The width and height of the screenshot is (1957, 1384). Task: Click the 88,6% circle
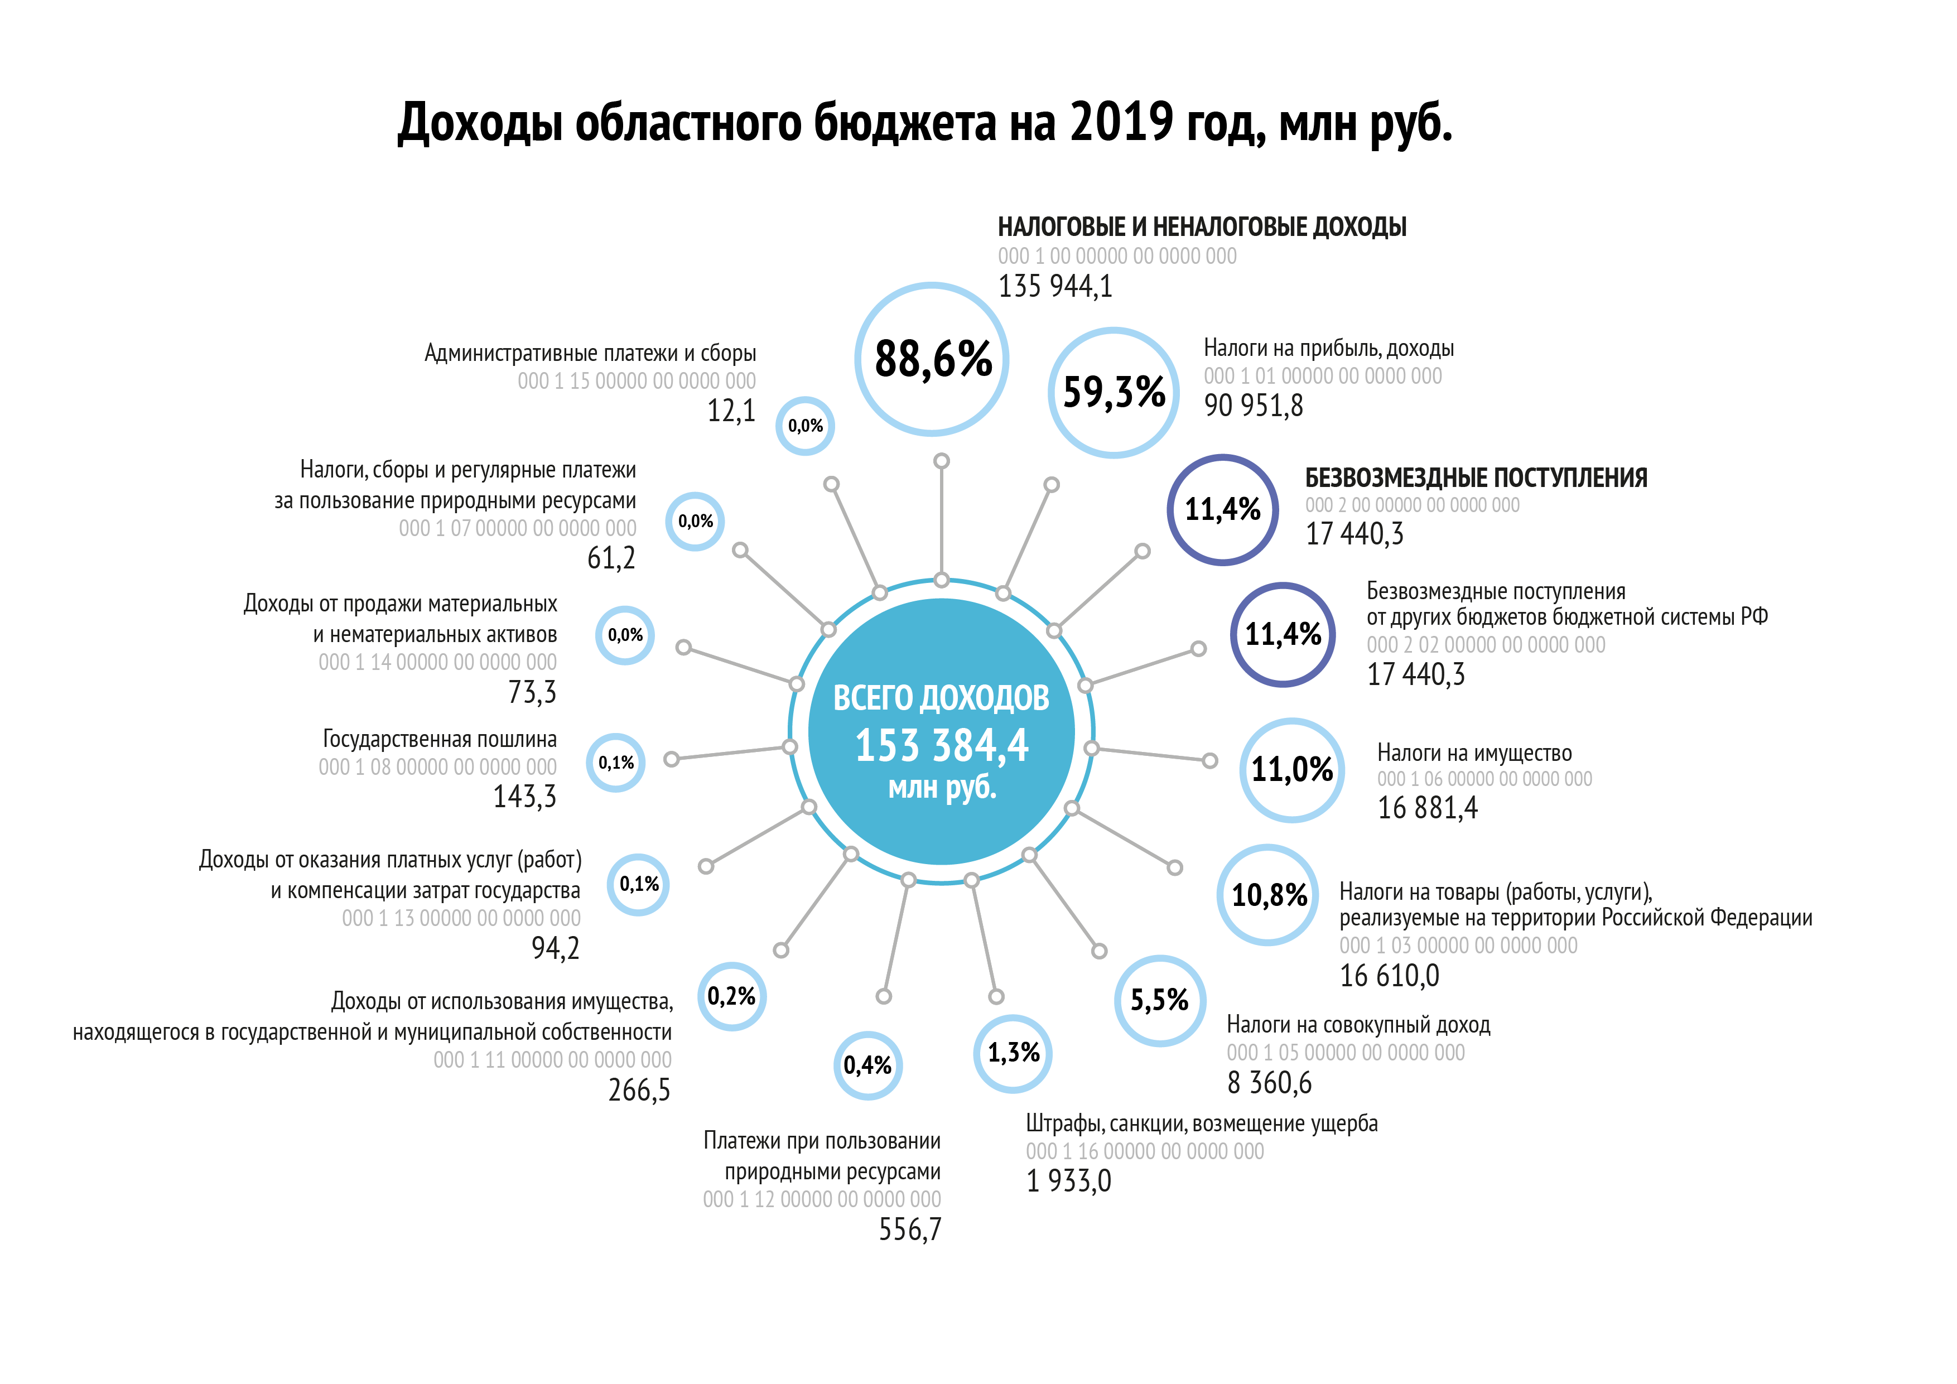[932, 359]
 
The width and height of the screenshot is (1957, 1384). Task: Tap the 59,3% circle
[1113, 393]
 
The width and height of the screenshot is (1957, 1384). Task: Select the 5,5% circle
[1159, 1001]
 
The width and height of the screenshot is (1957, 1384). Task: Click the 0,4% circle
[867, 1065]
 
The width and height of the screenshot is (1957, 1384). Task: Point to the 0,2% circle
[731, 996]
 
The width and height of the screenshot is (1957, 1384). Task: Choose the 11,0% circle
[1291, 770]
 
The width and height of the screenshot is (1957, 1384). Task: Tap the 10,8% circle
[1268, 895]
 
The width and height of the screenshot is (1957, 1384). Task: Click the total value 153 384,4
[941, 746]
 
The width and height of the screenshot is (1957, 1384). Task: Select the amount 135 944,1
[1055, 286]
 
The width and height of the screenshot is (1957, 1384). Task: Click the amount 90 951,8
[1253, 406]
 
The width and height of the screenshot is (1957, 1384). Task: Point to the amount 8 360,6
[1269, 1083]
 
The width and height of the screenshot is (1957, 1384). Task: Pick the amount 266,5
[639, 1091]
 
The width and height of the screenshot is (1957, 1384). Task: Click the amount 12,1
[731, 411]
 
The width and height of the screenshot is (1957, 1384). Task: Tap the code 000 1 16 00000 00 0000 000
[1145, 1151]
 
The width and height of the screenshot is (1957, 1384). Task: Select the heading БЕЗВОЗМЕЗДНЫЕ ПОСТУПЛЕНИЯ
[1476, 478]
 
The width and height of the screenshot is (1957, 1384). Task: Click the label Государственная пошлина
[439, 739]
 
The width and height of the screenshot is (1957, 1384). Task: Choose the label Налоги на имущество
[1474, 753]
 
